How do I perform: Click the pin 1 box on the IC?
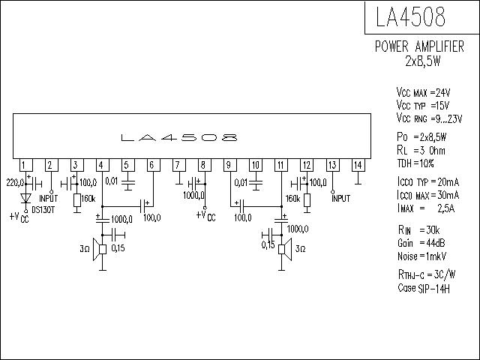point(26,165)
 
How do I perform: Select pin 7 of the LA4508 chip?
point(179,165)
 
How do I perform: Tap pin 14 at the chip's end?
point(358,165)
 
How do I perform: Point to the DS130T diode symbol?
point(25,198)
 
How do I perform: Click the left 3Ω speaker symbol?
point(100,249)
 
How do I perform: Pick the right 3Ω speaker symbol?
point(285,249)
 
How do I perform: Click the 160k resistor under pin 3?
point(77,200)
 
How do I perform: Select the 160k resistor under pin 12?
point(307,200)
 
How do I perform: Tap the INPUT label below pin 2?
point(48,199)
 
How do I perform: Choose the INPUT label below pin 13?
point(340,199)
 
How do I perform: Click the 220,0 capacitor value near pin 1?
point(15,183)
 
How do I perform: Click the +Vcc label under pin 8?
point(206,216)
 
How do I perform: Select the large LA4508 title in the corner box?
point(410,16)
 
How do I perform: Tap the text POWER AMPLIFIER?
point(419,46)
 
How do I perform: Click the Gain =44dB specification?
point(421,243)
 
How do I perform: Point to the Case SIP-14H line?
point(424,288)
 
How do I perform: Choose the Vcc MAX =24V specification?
point(423,92)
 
